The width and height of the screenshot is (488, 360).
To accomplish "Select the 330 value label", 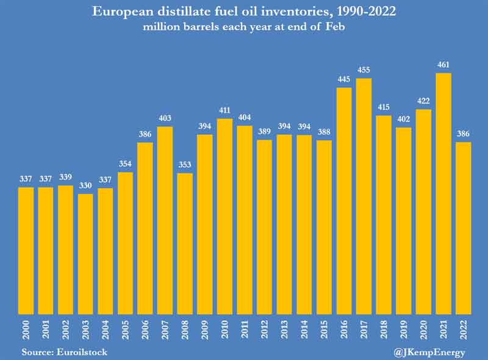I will (x=86, y=187).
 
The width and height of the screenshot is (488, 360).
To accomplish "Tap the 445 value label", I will (x=344, y=81).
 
